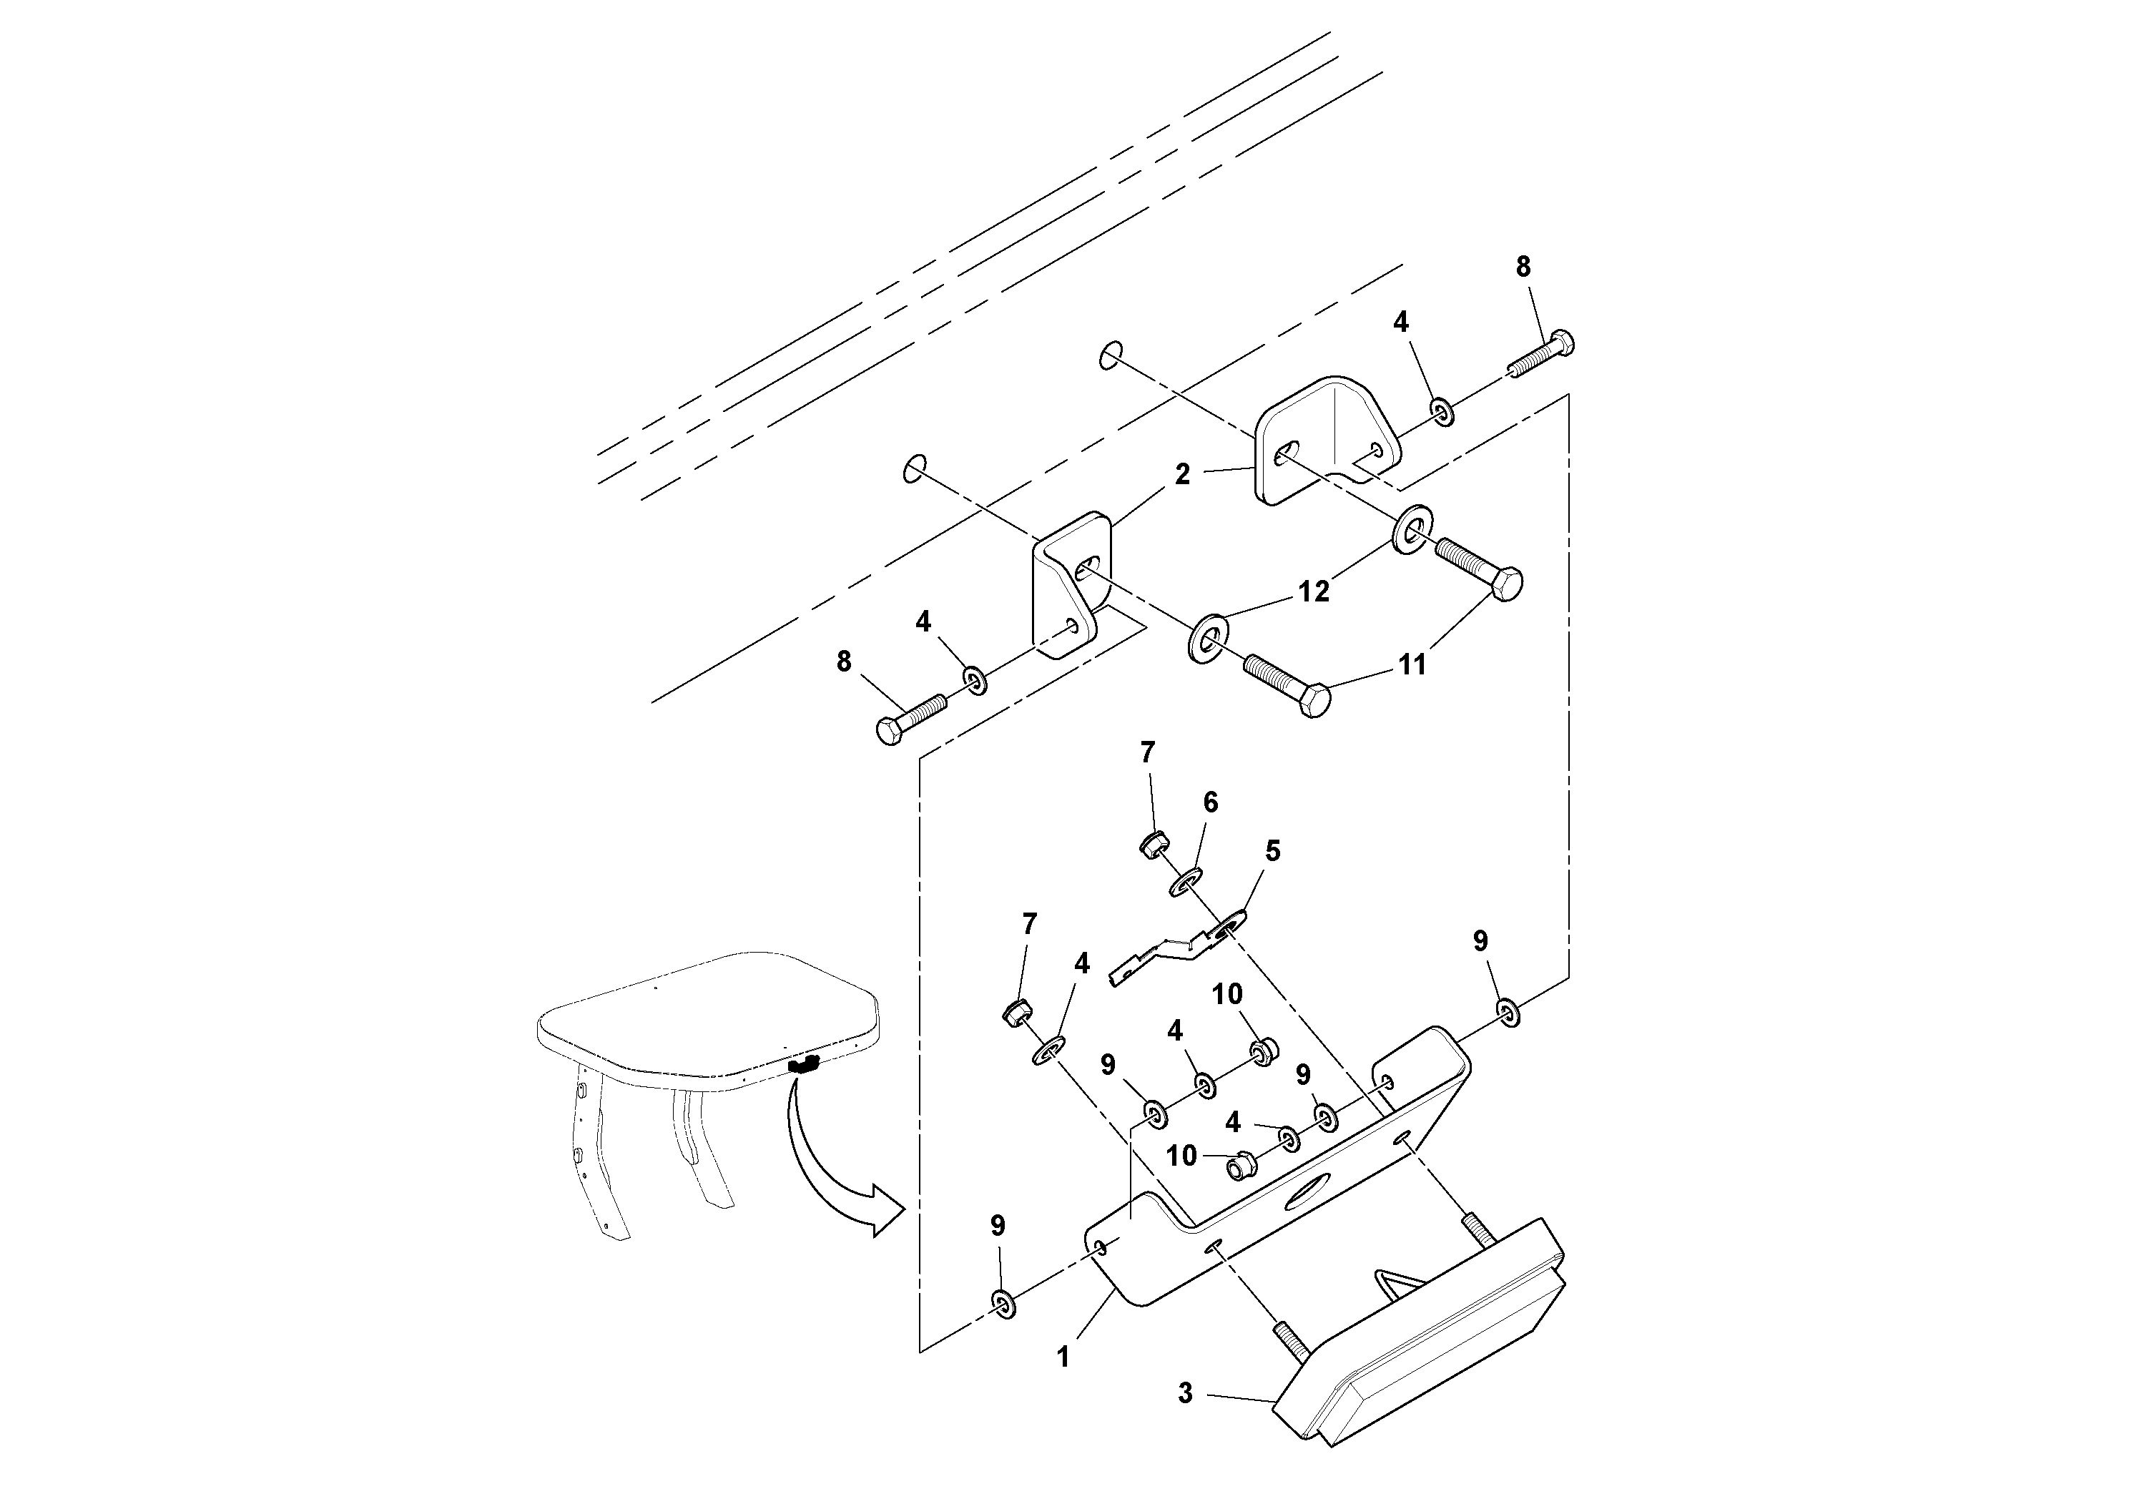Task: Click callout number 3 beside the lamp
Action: point(1185,1420)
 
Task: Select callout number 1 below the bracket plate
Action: point(1063,1357)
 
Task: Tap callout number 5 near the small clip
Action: point(1272,850)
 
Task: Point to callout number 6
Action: point(1210,802)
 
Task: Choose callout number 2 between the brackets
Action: point(1181,475)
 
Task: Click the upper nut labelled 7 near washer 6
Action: point(1153,844)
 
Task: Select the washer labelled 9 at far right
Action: point(1508,1013)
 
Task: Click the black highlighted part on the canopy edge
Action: point(803,1066)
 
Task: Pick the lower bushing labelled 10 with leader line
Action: point(1240,1164)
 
